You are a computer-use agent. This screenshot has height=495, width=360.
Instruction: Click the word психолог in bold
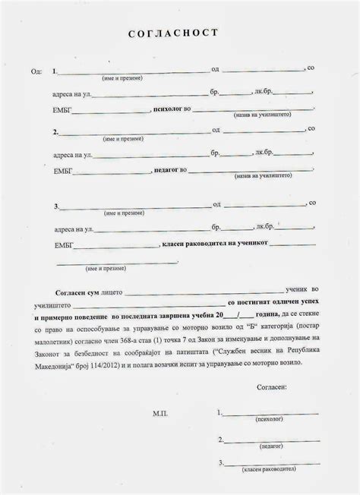click(x=169, y=109)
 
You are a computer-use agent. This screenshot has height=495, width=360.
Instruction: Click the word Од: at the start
click(x=36, y=71)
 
